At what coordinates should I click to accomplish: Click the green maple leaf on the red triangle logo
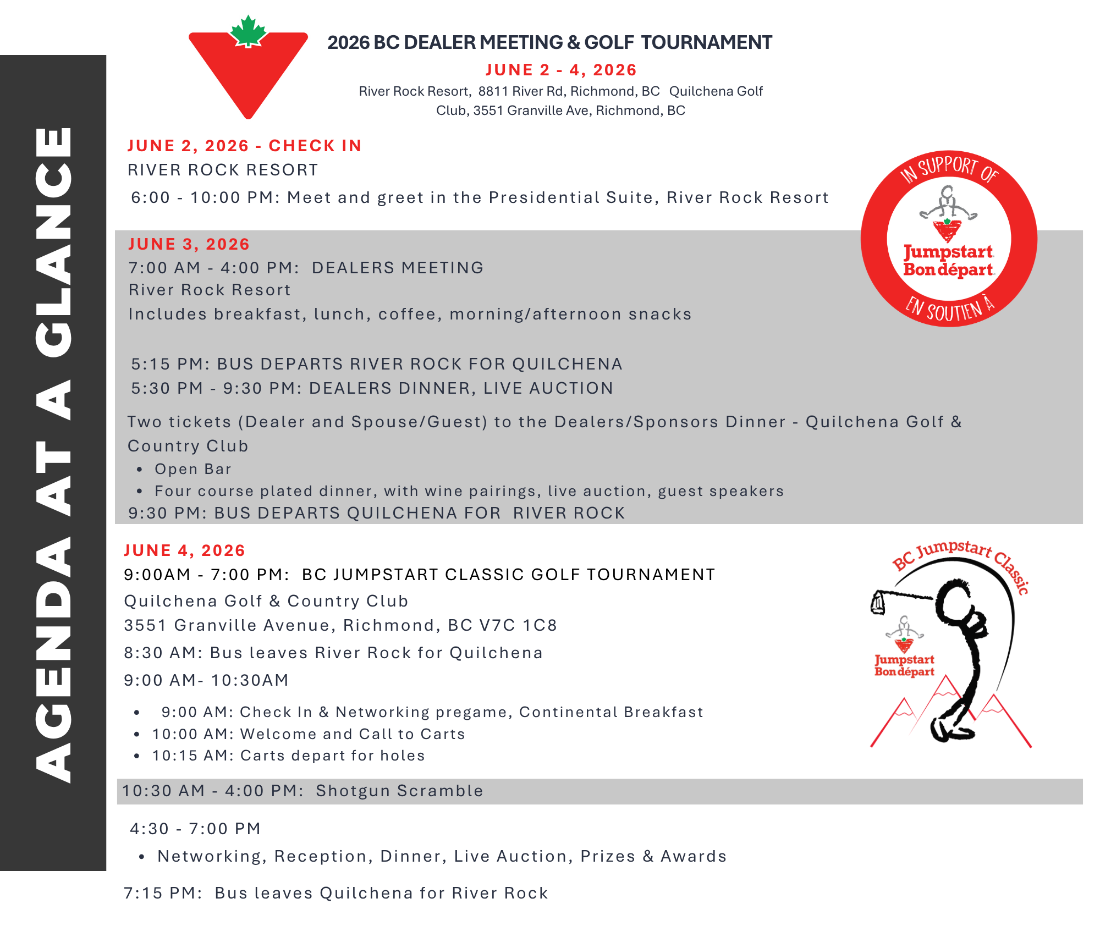click(248, 31)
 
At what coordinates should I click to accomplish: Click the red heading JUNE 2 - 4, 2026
click(561, 70)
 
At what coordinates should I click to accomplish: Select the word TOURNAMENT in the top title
click(706, 42)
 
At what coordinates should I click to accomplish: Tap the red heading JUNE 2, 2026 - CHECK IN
click(244, 146)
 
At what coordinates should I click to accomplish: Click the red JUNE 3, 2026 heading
click(189, 244)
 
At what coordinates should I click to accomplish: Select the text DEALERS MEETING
click(398, 268)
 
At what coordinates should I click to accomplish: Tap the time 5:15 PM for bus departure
click(167, 364)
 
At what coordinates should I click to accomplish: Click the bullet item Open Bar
click(193, 469)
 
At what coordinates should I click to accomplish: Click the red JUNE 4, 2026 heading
click(184, 550)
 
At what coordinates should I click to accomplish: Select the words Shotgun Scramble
click(399, 791)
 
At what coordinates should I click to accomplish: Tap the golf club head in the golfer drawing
click(878, 603)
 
